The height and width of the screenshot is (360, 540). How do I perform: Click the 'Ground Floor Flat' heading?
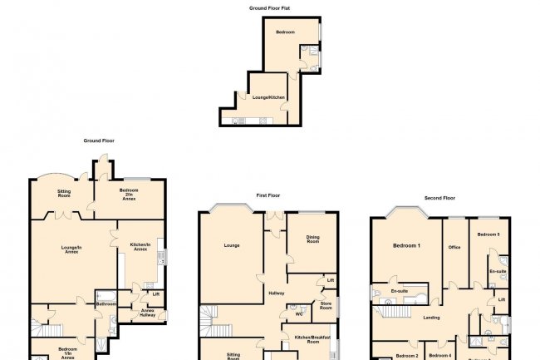pyautogui.click(x=270, y=7)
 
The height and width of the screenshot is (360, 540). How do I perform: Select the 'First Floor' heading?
pyautogui.click(x=268, y=195)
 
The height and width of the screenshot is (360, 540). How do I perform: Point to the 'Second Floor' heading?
pyautogui.click(x=440, y=199)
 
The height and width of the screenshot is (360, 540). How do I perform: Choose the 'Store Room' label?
pyautogui.click(x=326, y=308)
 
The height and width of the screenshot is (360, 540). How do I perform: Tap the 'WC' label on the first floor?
pyautogui.click(x=297, y=314)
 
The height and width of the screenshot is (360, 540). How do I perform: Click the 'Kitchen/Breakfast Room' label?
pyautogui.click(x=312, y=338)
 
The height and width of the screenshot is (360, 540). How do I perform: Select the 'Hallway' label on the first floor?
pyautogui.click(x=277, y=293)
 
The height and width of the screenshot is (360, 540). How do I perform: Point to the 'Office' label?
pyautogui.click(x=454, y=247)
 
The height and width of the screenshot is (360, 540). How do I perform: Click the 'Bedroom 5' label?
pyautogui.click(x=488, y=235)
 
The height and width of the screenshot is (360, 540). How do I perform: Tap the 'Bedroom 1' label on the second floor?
pyautogui.click(x=406, y=246)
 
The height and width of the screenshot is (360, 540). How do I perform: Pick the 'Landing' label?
pyautogui.click(x=431, y=318)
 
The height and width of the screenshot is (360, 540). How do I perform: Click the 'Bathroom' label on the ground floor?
pyautogui.click(x=106, y=303)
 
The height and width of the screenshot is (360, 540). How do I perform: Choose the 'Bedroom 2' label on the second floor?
pyautogui.click(x=406, y=356)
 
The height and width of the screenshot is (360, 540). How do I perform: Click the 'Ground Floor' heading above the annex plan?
pyautogui.click(x=97, y=141)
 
